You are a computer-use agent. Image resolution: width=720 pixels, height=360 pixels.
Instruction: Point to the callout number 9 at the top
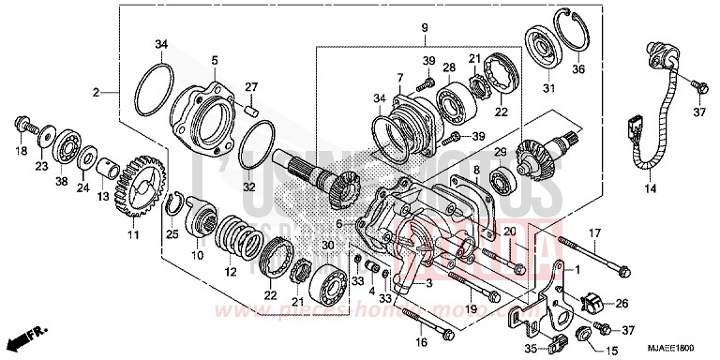[424, 29]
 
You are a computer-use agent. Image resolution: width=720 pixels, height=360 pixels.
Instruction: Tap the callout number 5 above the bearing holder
[214, 60]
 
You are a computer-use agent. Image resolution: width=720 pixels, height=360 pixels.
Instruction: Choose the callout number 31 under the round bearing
[549, 89]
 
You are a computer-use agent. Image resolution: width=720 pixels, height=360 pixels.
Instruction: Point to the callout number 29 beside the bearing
[501, 152]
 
